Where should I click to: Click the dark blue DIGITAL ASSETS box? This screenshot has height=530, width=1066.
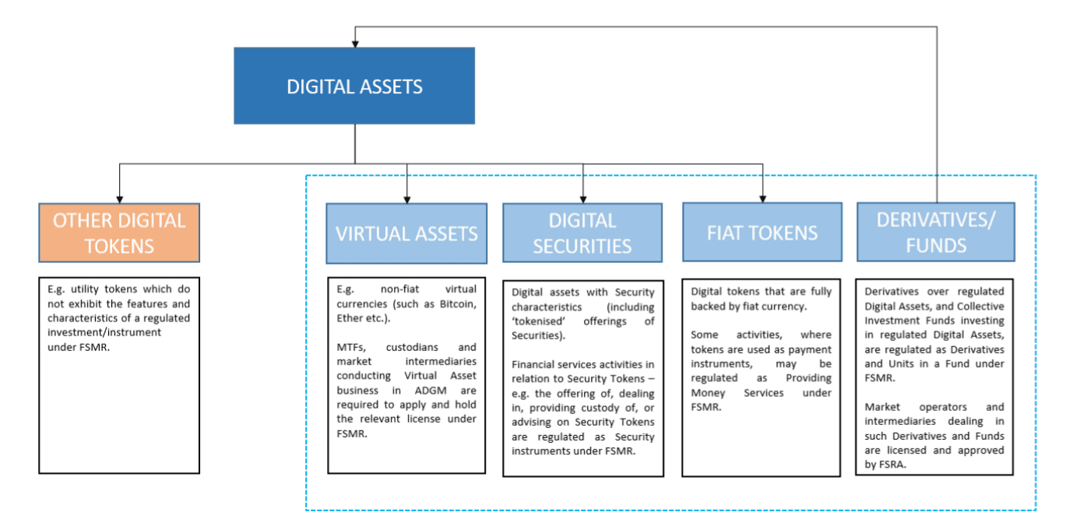tap(354, 86)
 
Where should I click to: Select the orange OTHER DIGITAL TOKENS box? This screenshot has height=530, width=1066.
tap(119, 233)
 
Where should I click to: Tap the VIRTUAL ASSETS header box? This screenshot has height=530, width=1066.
tap(406, 233)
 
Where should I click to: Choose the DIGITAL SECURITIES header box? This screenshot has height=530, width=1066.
tap(582, 233)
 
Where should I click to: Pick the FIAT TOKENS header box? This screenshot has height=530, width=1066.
tap(762, 232)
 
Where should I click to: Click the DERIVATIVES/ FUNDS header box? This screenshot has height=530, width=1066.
tap(936, 232)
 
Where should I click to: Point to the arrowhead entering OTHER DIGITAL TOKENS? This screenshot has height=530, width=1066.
tap(119, 198)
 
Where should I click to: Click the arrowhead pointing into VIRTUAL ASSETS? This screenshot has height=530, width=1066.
tap(406, 198)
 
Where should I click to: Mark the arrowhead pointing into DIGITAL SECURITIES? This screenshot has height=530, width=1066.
tap(583, 198)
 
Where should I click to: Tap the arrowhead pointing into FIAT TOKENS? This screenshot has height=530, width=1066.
tap(762, 198)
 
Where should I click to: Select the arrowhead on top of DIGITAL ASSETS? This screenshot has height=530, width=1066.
tap(355, 42)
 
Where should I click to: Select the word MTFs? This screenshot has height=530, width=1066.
tap(350, 347)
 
